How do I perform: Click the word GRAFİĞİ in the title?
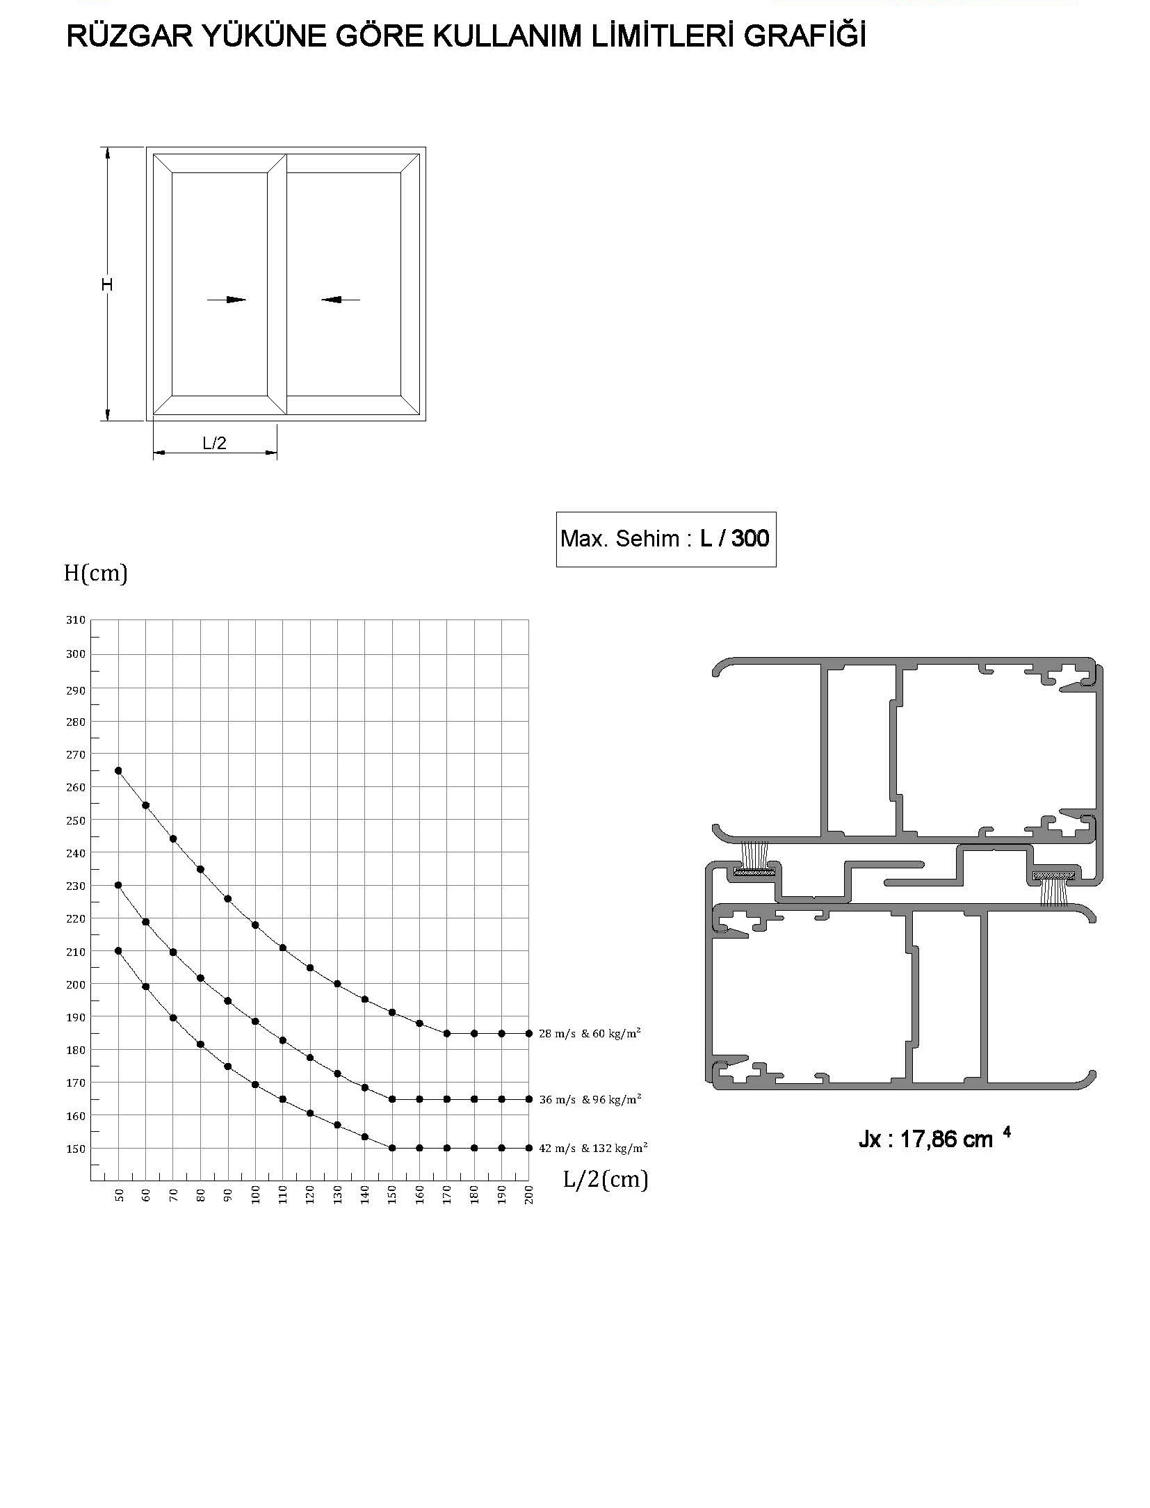(804, 37)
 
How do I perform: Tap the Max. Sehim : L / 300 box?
(665, 539)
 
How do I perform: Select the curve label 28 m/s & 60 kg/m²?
(590, 1033)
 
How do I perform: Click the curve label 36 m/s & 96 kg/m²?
(590, 1099)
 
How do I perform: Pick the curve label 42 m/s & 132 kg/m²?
(593, 1148)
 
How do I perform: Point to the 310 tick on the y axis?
(75, 619)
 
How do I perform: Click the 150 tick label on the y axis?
(75, 1149)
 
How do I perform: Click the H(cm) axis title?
(96, 573)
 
